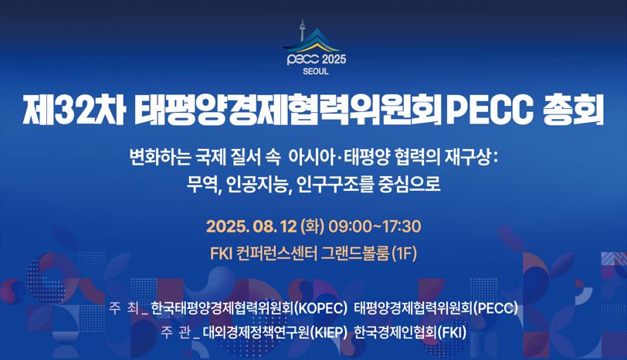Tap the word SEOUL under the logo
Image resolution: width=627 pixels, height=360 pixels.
[316, 72]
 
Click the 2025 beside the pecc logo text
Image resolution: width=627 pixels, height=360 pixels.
[333, 59]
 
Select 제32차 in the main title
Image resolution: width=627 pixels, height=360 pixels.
[73, 110]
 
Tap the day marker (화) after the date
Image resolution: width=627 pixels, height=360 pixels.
[313, 227]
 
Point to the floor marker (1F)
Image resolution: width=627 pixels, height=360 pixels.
[404, 253]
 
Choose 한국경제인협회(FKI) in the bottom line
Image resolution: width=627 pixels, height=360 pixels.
[410, 333]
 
